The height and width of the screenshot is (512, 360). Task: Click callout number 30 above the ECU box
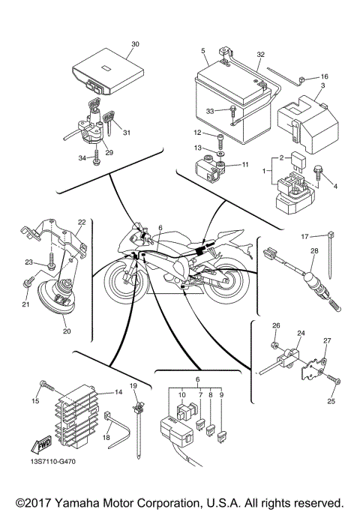pyautogui.click(x=135, y=44)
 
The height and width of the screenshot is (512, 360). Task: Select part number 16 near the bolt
pyautogui.click(x=324, y=76)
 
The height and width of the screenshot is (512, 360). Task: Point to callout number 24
pyautogui.click(x=301, y=333)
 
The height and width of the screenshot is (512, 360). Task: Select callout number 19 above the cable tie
pyautogui.click(x=135, y=385)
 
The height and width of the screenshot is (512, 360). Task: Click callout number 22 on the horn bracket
pyautogui.click(x=82, y=222)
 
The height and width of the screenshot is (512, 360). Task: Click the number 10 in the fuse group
pyautogui.click(x=182, y=393)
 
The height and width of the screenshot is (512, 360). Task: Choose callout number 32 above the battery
pyautogui.click(x=260, y=55)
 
